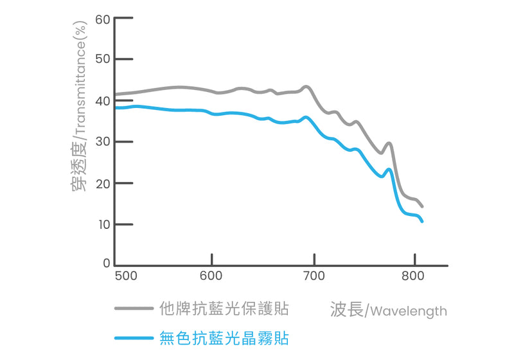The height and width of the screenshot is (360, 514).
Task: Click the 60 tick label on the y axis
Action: tap(103, 19)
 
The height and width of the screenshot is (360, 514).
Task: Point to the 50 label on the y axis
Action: tap(103, 60)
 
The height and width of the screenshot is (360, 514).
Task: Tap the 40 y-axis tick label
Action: tap(103, 101)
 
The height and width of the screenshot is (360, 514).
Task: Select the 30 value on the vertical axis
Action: tap(103, 142)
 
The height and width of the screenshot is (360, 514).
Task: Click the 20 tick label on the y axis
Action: tap(103, 183)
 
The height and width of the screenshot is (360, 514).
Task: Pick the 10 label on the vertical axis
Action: tap(103, 224)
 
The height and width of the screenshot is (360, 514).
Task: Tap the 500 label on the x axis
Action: tap(126, 276)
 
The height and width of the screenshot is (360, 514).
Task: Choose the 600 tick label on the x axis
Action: tap(211, 276)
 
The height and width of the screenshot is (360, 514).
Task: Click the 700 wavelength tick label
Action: tap(314, 276)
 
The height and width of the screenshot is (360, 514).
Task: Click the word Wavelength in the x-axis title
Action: tap(409, 312)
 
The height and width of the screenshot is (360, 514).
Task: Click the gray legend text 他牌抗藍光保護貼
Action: tap(224, 309)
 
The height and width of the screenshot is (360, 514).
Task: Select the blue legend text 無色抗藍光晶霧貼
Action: tap(224, 337)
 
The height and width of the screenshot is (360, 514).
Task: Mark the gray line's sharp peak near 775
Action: tap(389, 143)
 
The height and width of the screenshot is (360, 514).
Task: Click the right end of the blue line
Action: tap(422, 221)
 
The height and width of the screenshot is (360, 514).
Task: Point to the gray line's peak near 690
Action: tap(306, 86)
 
